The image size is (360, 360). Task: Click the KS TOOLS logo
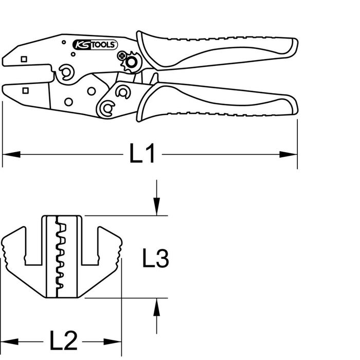click(x=95, y=45)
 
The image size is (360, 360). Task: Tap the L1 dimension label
click(x=142, y=153)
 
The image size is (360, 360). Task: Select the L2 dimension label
click(x=64, y=341)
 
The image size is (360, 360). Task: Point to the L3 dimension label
click(x=156, y=258)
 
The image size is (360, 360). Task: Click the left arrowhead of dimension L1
click(x=11, y=154)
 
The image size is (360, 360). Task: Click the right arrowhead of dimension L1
click(x=289, y=154)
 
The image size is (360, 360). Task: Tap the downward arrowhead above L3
click(x=157, y=207)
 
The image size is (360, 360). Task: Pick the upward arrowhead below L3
click(x=157, y=307)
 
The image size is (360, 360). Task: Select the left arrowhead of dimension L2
click(x=9, y=341)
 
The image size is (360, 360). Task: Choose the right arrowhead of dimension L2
click(x=113, y=341)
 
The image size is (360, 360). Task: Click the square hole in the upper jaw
click(x=24, y=59)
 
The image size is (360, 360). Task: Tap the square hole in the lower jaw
click(x=26, y=91)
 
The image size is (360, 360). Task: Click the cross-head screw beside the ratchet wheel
click(x=122, y=56)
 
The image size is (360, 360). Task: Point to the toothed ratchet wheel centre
click(x=131, y=62)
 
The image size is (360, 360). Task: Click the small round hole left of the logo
click(x=64, y=42)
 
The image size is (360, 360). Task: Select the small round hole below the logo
click(x=73, y=54)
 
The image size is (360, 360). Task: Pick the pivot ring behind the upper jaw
click(x=66, y=73)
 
